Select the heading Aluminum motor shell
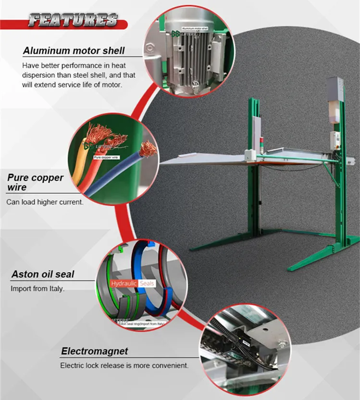click(74, 50)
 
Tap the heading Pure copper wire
click(35, 182)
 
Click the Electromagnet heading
click(94, 351)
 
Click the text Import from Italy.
click(37, 289)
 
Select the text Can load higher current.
click(45, 202)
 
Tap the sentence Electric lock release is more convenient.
click(124, 365)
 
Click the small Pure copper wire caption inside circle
click(106, 157)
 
